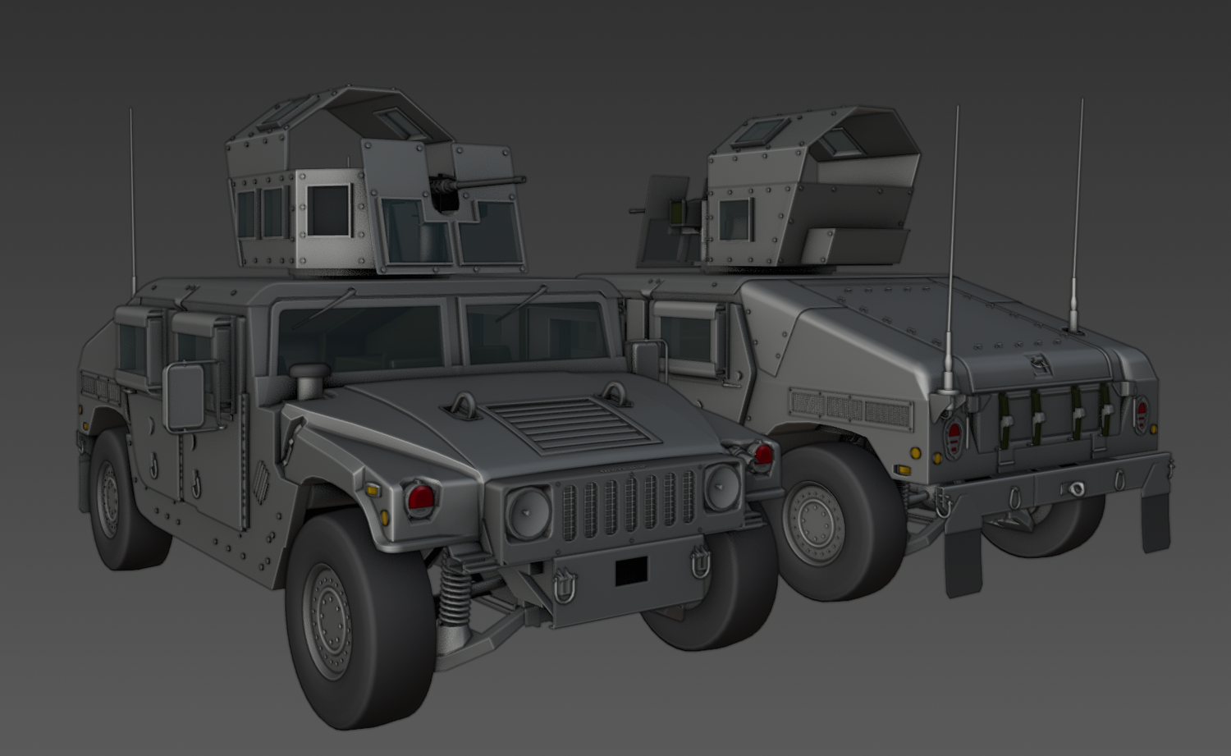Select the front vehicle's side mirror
[184, 397]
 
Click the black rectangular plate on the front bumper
[631, 570]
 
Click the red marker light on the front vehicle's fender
[420, 497]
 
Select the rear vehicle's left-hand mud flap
[964, 562]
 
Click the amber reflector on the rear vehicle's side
[903, 470]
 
